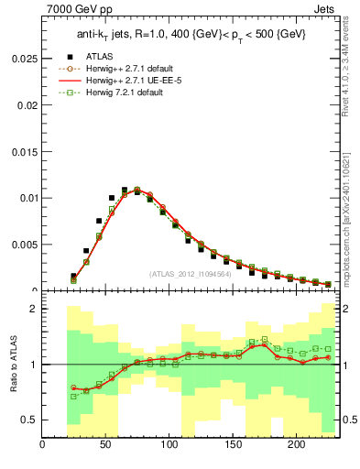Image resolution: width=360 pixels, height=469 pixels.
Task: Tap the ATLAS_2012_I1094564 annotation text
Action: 189,274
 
